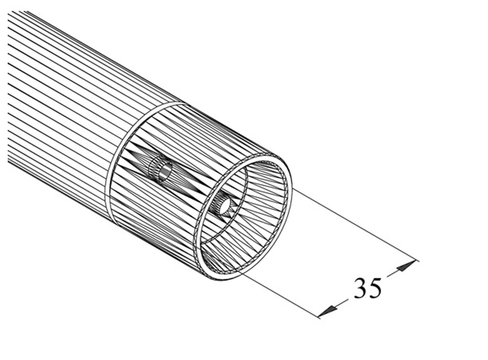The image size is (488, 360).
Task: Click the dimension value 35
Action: [x=368, y=288]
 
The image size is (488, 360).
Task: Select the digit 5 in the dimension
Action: [x=375, y=288]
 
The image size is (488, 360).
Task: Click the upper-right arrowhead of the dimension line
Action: [x=409, y=264]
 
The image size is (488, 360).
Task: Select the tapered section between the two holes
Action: [x=192, y=186]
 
